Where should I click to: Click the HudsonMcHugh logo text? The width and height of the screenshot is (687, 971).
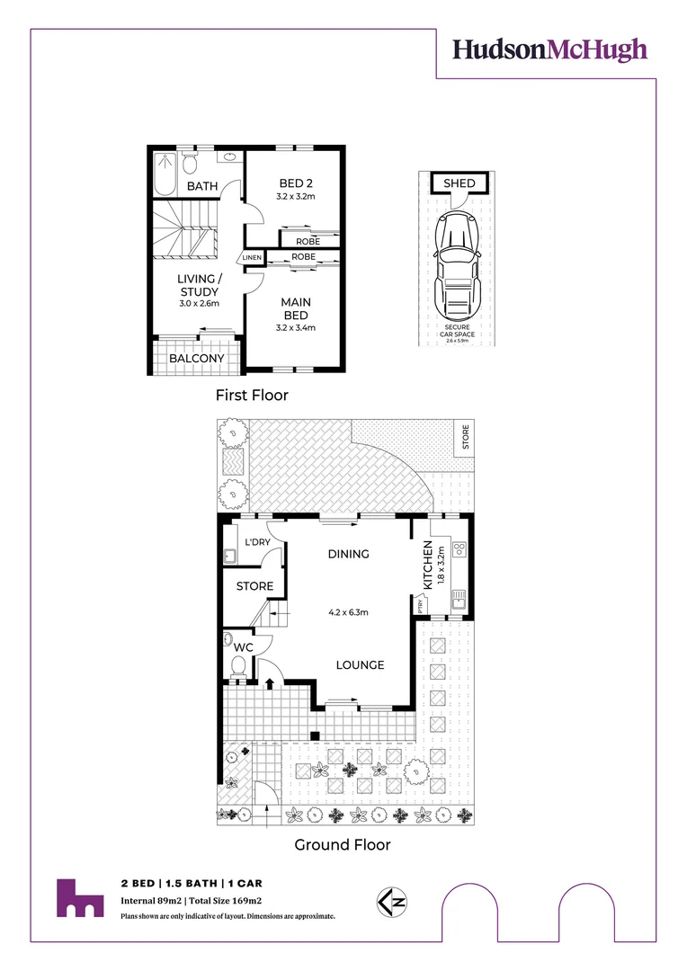[549, 49]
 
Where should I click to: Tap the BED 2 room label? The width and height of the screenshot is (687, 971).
[295, 183]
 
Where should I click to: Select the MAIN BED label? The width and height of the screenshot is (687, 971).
[296, 308]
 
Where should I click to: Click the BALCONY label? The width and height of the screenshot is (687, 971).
[197, 358]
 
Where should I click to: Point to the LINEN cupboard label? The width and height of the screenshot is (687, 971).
[251, 259]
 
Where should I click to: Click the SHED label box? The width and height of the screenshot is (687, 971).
[459, 183]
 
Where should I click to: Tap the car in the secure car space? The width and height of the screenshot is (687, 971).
[459, 263]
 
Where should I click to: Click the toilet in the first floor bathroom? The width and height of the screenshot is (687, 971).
[190, 164]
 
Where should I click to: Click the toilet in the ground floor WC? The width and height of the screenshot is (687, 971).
[238, 666]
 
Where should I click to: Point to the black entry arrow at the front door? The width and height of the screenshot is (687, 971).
[269, 683]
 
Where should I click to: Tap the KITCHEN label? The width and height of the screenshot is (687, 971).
[428, 566]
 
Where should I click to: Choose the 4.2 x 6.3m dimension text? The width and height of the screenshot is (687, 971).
[349, 614]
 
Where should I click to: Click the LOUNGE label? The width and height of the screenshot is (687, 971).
[361, 664]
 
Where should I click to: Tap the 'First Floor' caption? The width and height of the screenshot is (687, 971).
[252, 395]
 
